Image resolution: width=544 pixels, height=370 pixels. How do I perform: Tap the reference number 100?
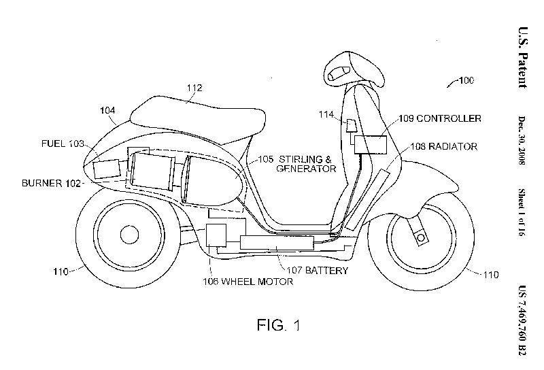pyautogui.click(x=464, y=82)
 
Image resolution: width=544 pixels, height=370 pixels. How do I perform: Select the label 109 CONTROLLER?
pyautogui.click(x=439, y=118)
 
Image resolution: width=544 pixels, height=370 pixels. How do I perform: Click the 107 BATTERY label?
pyautogui.click(x=317, y=270)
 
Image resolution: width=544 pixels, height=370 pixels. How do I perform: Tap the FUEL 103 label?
pyautogui.click(x=62, y=144)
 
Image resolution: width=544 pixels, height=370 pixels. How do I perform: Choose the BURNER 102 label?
pyautogui.click(x=52, y=183)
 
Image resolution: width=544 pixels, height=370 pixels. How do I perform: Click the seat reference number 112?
pyautogui.click(x=194, y=88)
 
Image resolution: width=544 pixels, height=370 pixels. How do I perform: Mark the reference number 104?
pyautogui.click(x=107, y=110)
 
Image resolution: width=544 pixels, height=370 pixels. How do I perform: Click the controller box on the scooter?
pyautogui.click(x=369, y=144)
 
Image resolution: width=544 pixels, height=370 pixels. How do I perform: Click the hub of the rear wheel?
pyautogui.click(x=129, y=235)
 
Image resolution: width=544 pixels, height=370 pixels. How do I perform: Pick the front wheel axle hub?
pyautogui.click(x=420, y=236)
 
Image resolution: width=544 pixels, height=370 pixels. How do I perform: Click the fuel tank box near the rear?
pyautogui.click(x=105, y=169)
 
